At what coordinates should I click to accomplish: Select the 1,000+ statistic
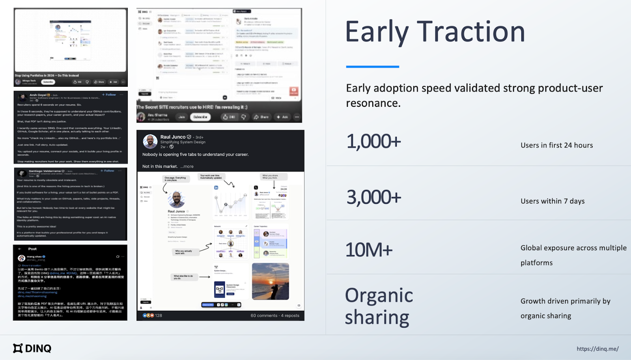tap(373, 142)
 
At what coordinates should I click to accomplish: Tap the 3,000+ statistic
tap(373, 197)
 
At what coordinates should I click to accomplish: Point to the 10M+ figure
tap(369, 250)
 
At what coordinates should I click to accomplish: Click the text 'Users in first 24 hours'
tap(556, 145)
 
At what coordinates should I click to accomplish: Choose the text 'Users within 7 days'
tap(552, 201)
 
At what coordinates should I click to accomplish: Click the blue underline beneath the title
tap(372, 67)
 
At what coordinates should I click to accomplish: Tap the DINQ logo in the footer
tap(32, 348)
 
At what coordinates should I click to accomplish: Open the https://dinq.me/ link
tap(597, 349)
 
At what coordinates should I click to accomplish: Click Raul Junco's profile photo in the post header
tap(150, 141)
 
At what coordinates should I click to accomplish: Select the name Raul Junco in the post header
tap(173, 137)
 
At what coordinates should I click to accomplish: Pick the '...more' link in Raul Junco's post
tap(187, 166)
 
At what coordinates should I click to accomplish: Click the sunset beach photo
tap(270, 282)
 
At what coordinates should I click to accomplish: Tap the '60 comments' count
tap(264, 315)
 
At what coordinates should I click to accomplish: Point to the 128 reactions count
tap(159, 315)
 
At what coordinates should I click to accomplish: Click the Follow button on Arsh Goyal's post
tap(109, 95)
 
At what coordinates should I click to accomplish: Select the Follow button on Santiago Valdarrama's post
tap(107, 171)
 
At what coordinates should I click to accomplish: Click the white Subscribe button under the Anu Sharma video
tap(200, 117)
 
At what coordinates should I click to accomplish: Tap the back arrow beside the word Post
tap(20, 249)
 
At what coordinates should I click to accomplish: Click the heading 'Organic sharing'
tap(379, 306)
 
